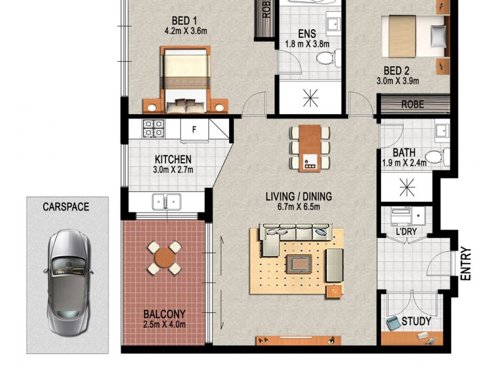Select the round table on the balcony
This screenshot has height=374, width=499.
165,257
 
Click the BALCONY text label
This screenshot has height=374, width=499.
165,314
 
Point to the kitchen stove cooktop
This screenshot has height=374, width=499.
153,129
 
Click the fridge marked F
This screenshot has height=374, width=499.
194,130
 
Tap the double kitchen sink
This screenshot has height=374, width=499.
167,201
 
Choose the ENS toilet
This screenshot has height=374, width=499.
326,58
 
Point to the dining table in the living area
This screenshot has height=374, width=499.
309,148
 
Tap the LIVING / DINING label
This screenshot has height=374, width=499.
299,197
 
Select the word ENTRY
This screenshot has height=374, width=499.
465,264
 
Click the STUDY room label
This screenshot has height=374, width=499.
416,322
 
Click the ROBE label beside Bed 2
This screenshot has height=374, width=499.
412,104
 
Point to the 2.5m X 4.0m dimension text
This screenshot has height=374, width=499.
165,324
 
